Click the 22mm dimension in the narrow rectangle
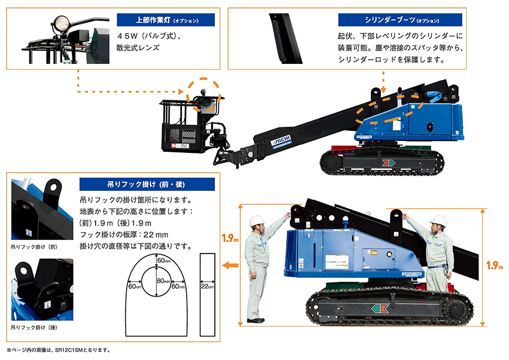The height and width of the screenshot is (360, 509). [208, 287]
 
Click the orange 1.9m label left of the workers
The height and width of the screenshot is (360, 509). [228, 239]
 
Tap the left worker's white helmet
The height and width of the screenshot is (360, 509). [258, 220]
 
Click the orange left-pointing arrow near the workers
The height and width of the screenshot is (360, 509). [230, 264]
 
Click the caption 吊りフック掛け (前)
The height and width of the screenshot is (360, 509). [34, 247]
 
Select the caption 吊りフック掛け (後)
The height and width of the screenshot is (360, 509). [34, 327]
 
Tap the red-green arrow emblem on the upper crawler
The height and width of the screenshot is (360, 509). [388, 163]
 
